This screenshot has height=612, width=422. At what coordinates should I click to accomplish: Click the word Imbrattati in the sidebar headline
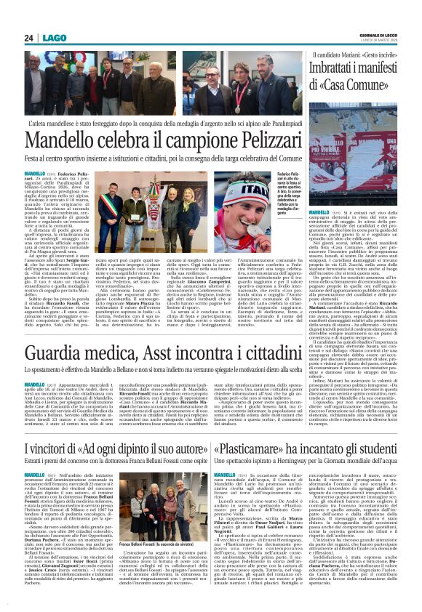(339, 68)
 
